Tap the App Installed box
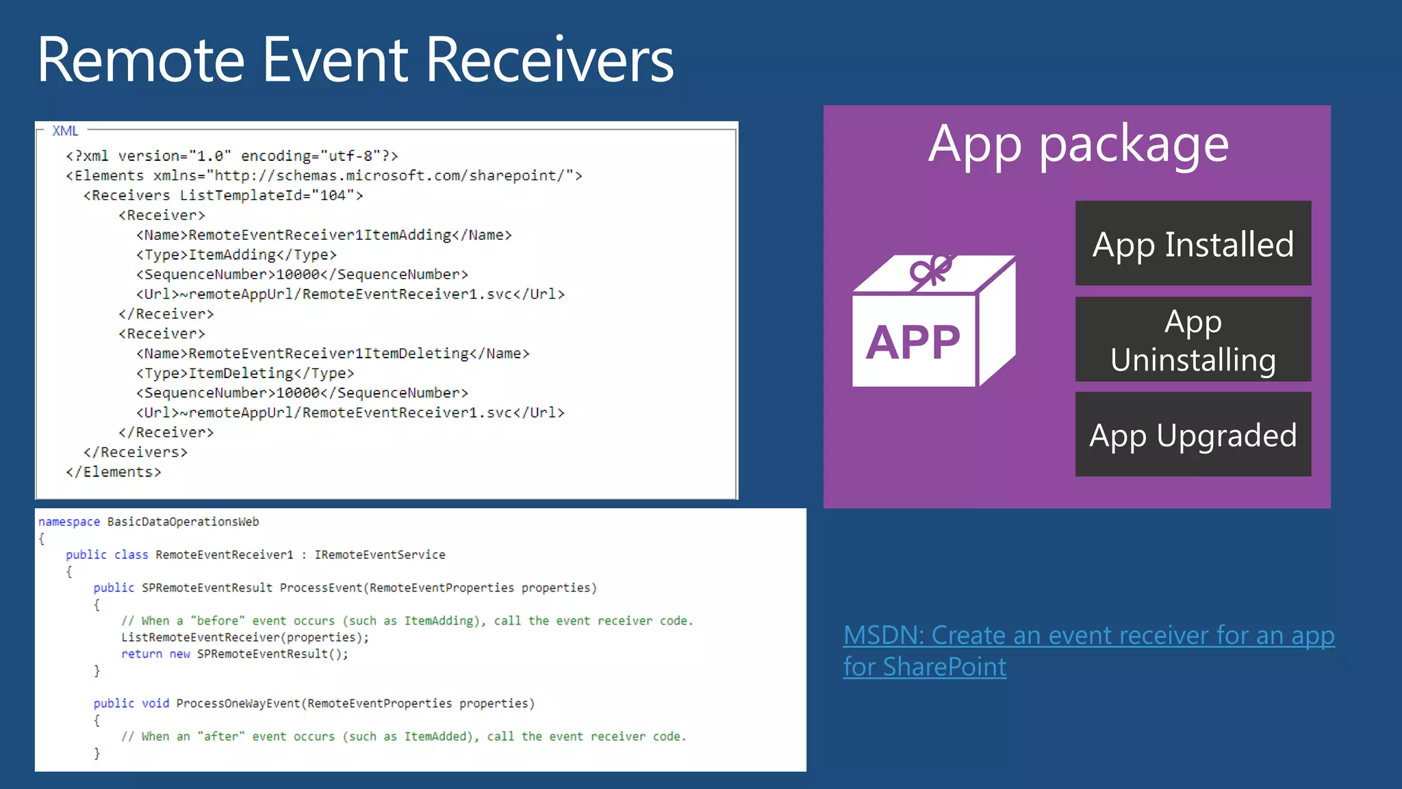(x=1193, y=244)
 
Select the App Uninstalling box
(x=1193, y=340)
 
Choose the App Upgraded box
(x=1193, y=435)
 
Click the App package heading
(x=1078, y=145)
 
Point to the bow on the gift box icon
(x=931, y=271)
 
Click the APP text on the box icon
(x=913, y=342)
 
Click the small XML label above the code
(x=65, y=131)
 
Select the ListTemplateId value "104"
(x=333, y=196)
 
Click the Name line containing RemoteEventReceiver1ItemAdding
(x=324, y=235)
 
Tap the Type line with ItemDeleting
(x=245, y=373)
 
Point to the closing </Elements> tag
(x=114, y=472)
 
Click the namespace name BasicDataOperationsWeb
(x=183, y=522)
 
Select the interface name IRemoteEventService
(x=380, y=555)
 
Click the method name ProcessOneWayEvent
(x=238, y=703)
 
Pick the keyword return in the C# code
(x=142, y=654)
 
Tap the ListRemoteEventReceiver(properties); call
(x=245, y=638)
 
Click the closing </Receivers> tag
(x=136, y=452)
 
